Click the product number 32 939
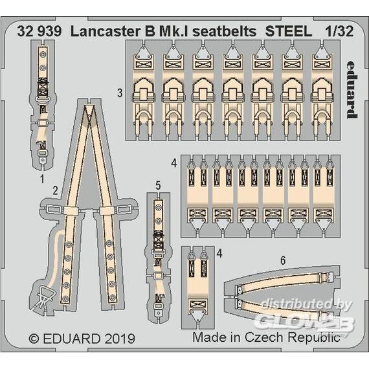(x=39, y=31)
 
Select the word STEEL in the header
(x=289, y=31)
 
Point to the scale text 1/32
(x=339, y=31)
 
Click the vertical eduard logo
(x=352, y=89)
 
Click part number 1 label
(x=42, y=179)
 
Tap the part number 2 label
(x=55, y=190)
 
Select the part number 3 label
(x=120, y=93)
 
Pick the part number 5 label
(x=158, y=185)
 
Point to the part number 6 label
(x=283, y=260)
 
